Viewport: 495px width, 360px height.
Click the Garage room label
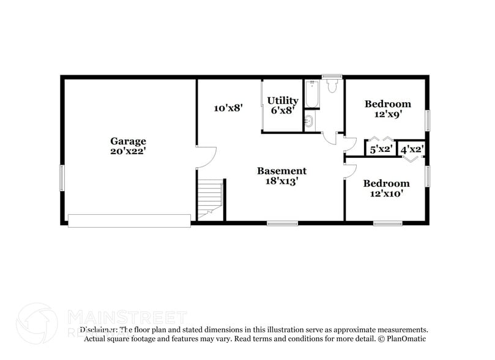pos(128,141)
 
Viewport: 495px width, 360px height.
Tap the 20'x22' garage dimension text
pos(128,151)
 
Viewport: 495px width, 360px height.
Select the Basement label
pos(281,171)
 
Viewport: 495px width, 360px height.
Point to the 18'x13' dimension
pos(281,181)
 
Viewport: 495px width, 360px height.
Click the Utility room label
pos(283,100)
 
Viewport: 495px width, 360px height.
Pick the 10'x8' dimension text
pos(229,108)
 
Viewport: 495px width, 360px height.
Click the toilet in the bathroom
pos(332,86)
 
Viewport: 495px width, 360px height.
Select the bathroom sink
pos(309,121)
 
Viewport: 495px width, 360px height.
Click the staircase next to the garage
pos(209,197)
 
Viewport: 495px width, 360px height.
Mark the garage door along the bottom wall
pos(129,220)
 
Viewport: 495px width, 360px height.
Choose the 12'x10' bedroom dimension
pos(386,193)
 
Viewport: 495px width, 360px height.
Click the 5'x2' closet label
pos(381,149)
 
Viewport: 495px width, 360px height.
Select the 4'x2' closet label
pos(412,149)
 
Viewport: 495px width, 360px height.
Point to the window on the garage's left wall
pos(61,178)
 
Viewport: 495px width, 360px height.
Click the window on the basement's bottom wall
pos(283,223)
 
